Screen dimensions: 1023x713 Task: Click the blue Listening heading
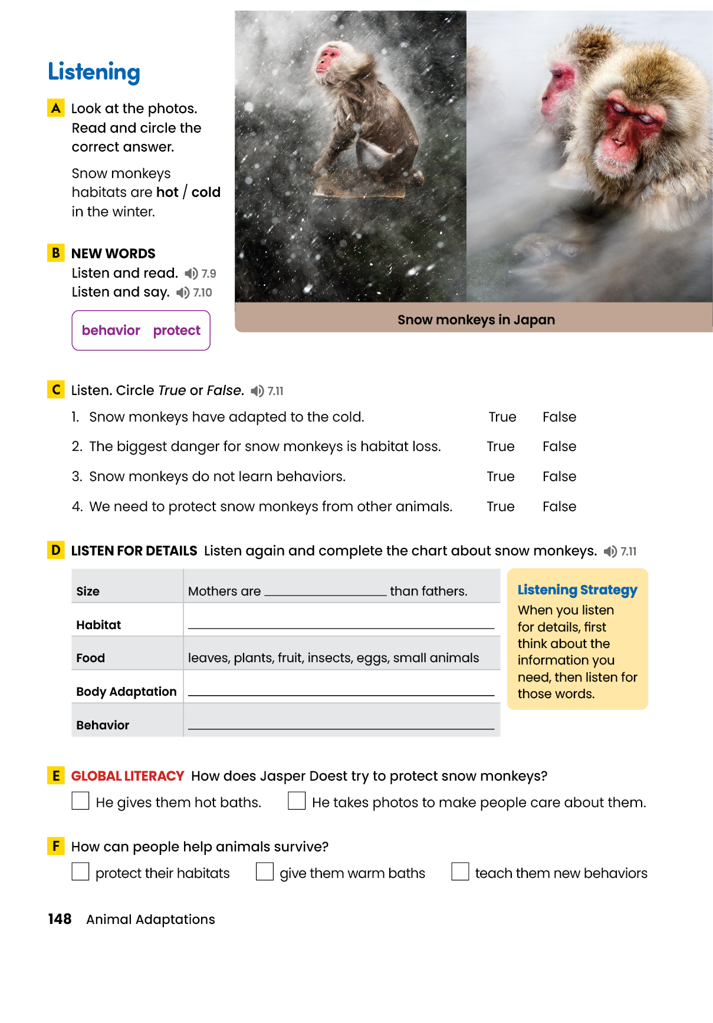tap(94, 72)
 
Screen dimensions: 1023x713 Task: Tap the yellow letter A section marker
tap(56, 108)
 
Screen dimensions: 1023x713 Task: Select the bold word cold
tap(206, 192)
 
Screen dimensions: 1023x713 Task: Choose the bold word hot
tap(167, 192)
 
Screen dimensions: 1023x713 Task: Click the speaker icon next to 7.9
tap(191, 274)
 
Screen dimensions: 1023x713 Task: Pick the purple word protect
tap(177, 330)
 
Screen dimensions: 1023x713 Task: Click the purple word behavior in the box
tap(111, 330)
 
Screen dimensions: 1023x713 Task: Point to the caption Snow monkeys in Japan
tap(476, 320)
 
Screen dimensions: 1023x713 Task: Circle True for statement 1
tap(502, 417)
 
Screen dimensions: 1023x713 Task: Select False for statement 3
tap(559, 476)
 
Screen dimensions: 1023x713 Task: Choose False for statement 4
tap(559, 506)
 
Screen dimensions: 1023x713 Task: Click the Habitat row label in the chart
tap(98, 625)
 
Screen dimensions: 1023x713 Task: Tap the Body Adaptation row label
tap(126, 692)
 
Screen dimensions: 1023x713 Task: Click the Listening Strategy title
tap(577, 590)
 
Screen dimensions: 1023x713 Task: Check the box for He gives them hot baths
tap(80, 801)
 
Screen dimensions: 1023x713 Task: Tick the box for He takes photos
tap(297, 801)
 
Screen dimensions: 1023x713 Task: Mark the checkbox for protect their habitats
tap(80, 871)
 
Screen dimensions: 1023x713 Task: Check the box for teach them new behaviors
tap(460, 871)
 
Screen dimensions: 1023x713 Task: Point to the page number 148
tap(60, 919)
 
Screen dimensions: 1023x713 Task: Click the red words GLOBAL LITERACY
tap(127, 776)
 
